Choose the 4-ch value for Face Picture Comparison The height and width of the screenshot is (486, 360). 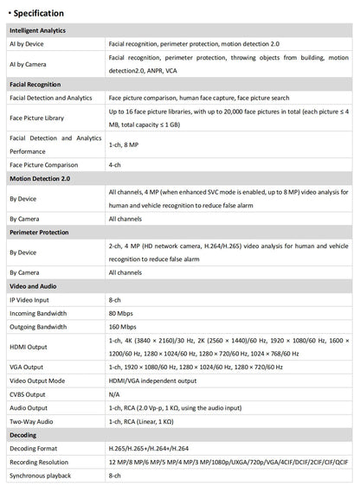pyautogui.click(x=114, y=163)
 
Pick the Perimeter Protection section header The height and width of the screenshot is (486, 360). pyautogui.click(x=38, y=233)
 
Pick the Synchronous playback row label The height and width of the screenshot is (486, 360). pyautogui.click(x=39, y=476)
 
